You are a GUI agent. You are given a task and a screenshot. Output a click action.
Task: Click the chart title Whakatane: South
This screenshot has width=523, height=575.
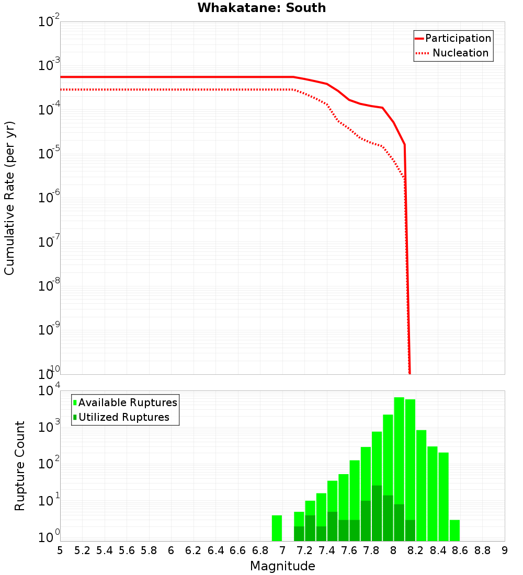[x=261, y=8]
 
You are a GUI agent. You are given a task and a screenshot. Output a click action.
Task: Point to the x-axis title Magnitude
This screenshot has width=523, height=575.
[x=282, y=566]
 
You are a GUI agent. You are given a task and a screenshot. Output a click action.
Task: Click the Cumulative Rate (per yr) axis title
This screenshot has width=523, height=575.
[x=9, y=198]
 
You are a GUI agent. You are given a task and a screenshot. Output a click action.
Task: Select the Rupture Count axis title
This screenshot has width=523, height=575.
[x=20, y=466]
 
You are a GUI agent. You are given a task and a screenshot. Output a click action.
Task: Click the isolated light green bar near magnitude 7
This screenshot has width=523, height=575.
[x=277, y=528]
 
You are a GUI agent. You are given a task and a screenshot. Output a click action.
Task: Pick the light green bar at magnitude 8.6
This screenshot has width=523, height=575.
[x=454, y=530]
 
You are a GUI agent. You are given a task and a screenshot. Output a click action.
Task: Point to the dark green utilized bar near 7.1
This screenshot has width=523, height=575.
[x=299, y=533]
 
